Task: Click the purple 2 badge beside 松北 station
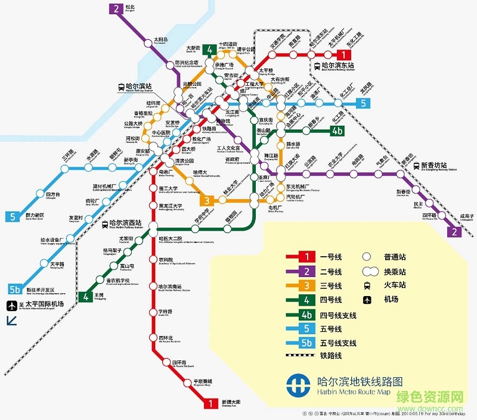click(114, 9)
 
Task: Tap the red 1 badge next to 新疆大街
click(210, 403)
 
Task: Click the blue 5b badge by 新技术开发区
click(15, 290)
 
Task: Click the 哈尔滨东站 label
click(337, 66)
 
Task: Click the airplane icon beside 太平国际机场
click(10, 306)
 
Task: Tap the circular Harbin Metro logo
click(296, 384)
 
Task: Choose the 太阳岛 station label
click(161, 40)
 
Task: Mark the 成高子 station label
click(467, 216)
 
